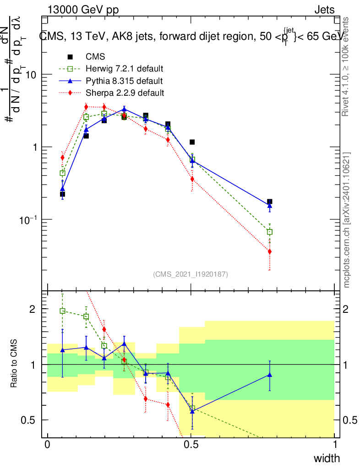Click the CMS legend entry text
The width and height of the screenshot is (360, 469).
[x=95, y=57]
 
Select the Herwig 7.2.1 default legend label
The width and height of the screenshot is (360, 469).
[x=125, y=69]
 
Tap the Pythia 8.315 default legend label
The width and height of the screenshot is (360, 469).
[x=124, y=81]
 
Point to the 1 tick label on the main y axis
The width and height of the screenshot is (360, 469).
[x=34, y=147]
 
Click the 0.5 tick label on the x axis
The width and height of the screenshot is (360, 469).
[x=191, y=445]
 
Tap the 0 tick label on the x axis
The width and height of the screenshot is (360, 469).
[x=48, y=445]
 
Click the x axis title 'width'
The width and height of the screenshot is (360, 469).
[x=327, y=458]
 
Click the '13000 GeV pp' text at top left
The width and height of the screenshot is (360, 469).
[x=83, y=10]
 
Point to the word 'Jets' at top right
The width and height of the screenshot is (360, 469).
[x=324, y=10]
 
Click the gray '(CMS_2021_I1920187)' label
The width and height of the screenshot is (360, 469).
[x=191, y=274]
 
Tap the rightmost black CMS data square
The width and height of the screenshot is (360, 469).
[x=270, y=202]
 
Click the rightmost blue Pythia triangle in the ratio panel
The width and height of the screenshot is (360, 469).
[x=270, y=375]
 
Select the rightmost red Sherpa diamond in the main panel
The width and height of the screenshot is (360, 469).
[x=270, y=251]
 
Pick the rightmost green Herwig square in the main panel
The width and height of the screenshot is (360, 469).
[x=270, y=232]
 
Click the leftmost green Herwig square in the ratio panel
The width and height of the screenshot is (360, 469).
[x=63, y=311]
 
